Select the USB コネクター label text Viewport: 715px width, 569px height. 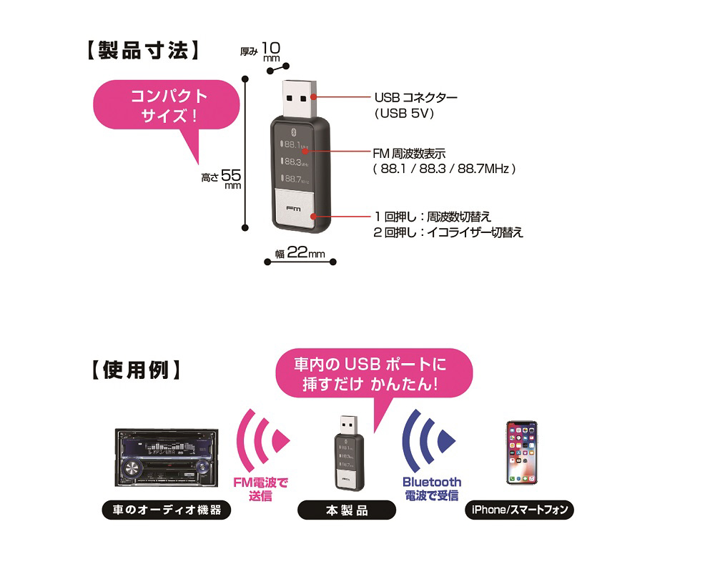coord(415,97)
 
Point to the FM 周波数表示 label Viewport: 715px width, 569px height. coord(410,153)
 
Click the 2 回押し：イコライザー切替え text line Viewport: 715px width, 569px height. coord(448,232)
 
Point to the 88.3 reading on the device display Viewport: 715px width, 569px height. coord(294,162)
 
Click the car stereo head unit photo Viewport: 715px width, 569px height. coord(164,457)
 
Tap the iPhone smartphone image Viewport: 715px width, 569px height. coord(521,452)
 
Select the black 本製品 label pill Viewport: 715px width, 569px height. coord(346,510)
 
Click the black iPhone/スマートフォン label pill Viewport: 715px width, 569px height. coord(519,510)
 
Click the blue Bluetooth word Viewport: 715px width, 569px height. coord(432,482)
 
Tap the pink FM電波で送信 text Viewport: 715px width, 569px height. coord(261,489)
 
